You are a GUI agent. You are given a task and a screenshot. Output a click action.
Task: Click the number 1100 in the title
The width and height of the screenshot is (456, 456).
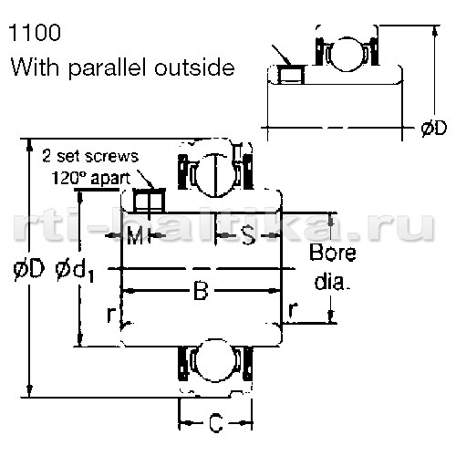[35, 33]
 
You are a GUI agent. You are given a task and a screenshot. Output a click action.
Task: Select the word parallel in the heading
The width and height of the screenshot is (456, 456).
[109, 68]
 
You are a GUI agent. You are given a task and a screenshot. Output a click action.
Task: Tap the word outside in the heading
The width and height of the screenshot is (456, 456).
[194, 67]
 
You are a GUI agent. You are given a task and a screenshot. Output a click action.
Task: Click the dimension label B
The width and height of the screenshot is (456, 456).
[201, 291]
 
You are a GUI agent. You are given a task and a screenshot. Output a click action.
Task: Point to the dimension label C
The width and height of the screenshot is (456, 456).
[216, 423]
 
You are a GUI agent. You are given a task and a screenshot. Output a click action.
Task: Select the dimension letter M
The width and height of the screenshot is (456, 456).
[135, 235]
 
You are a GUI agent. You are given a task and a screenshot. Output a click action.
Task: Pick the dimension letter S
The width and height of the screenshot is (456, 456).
[248, 235]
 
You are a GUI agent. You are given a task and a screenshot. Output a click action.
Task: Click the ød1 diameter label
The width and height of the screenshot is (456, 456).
[75, 272]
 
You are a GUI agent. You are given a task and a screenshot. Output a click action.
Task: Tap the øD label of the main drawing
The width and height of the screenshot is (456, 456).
[29, 269]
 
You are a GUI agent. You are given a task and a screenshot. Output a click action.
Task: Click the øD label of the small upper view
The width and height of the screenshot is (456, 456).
[434, 129]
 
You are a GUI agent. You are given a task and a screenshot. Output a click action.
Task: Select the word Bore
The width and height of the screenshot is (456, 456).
[333, 253]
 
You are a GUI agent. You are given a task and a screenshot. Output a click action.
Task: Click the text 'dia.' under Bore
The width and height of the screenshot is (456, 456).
[330, 282]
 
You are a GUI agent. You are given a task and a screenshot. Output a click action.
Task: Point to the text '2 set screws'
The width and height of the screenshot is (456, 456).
[90, 156]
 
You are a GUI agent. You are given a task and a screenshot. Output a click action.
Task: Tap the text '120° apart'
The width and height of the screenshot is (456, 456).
[91, 178]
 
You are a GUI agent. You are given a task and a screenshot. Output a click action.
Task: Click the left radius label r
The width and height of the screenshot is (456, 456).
[111, 315]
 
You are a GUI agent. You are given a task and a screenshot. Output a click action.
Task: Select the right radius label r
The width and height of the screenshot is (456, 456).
[292, 310]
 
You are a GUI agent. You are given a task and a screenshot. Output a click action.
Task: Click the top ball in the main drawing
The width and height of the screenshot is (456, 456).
[216, 175]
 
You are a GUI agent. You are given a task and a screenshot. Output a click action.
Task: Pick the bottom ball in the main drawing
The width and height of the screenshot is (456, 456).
[216, 360]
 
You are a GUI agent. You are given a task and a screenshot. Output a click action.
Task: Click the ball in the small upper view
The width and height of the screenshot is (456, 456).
[347, 54]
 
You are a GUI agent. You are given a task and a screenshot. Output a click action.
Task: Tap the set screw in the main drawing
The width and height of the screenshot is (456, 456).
[149, 200]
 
